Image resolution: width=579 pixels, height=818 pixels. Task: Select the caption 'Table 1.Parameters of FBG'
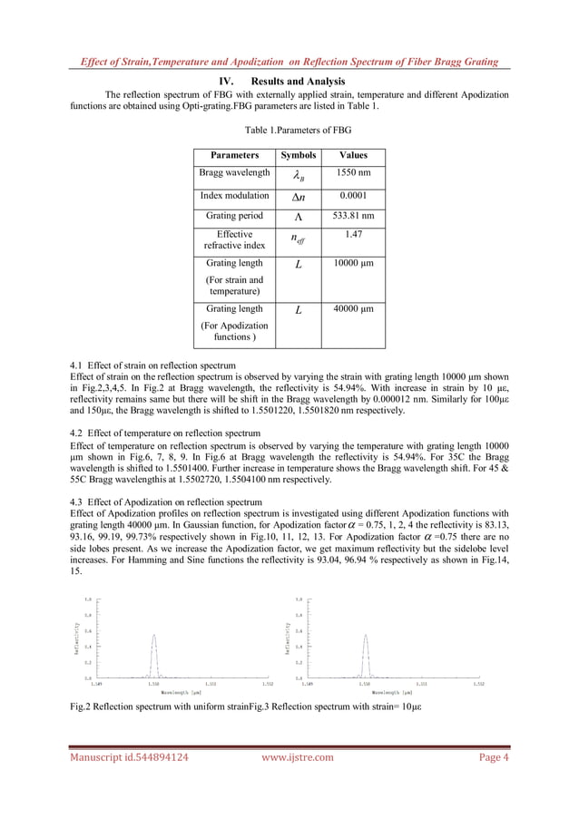click(x=289, y=131)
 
